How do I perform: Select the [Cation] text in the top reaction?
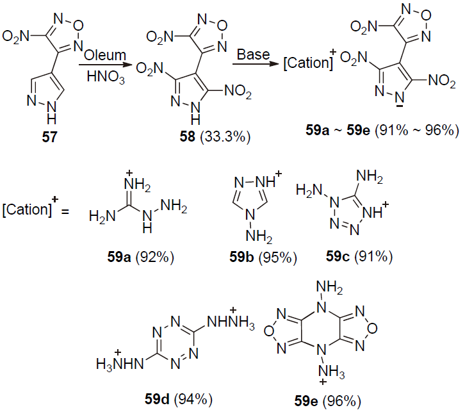tap(307, 64)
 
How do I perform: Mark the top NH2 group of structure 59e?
tap(330, 281)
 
